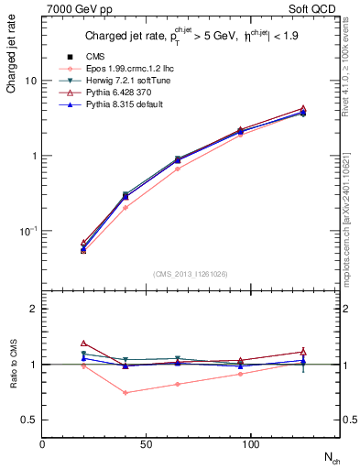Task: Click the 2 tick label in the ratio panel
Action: pos(34,309)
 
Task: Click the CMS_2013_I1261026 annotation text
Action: pos(190,274)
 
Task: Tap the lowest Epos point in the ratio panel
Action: pos(125,393)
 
